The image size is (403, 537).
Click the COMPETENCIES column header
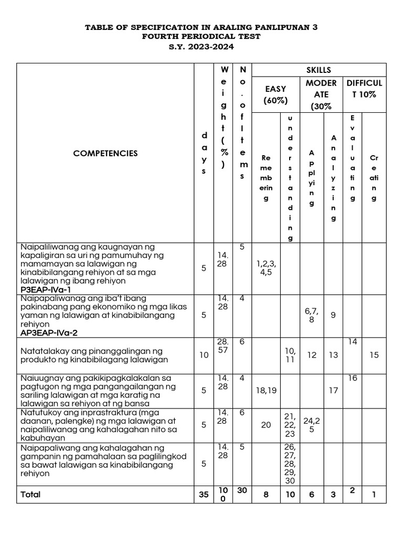click(105, 153)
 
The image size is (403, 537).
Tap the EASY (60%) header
click(276, 95)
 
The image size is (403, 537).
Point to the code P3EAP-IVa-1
click(46, 289)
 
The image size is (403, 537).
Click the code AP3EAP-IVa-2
click(49, 332)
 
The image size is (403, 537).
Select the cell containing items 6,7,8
click(311, 315)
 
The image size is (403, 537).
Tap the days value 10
click(204, 355)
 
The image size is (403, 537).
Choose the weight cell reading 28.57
click(222, 346)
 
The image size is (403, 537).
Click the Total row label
click(30, 495)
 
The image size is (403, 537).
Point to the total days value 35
click(204, 495)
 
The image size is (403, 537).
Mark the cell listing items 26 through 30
click(290, 464)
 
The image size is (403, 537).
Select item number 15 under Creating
click(374, 355)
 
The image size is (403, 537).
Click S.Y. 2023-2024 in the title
click(201, 47)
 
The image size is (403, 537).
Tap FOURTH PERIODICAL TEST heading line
click(201, 37)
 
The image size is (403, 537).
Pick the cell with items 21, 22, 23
click(290, 424)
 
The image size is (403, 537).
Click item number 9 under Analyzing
click(333, 315)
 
